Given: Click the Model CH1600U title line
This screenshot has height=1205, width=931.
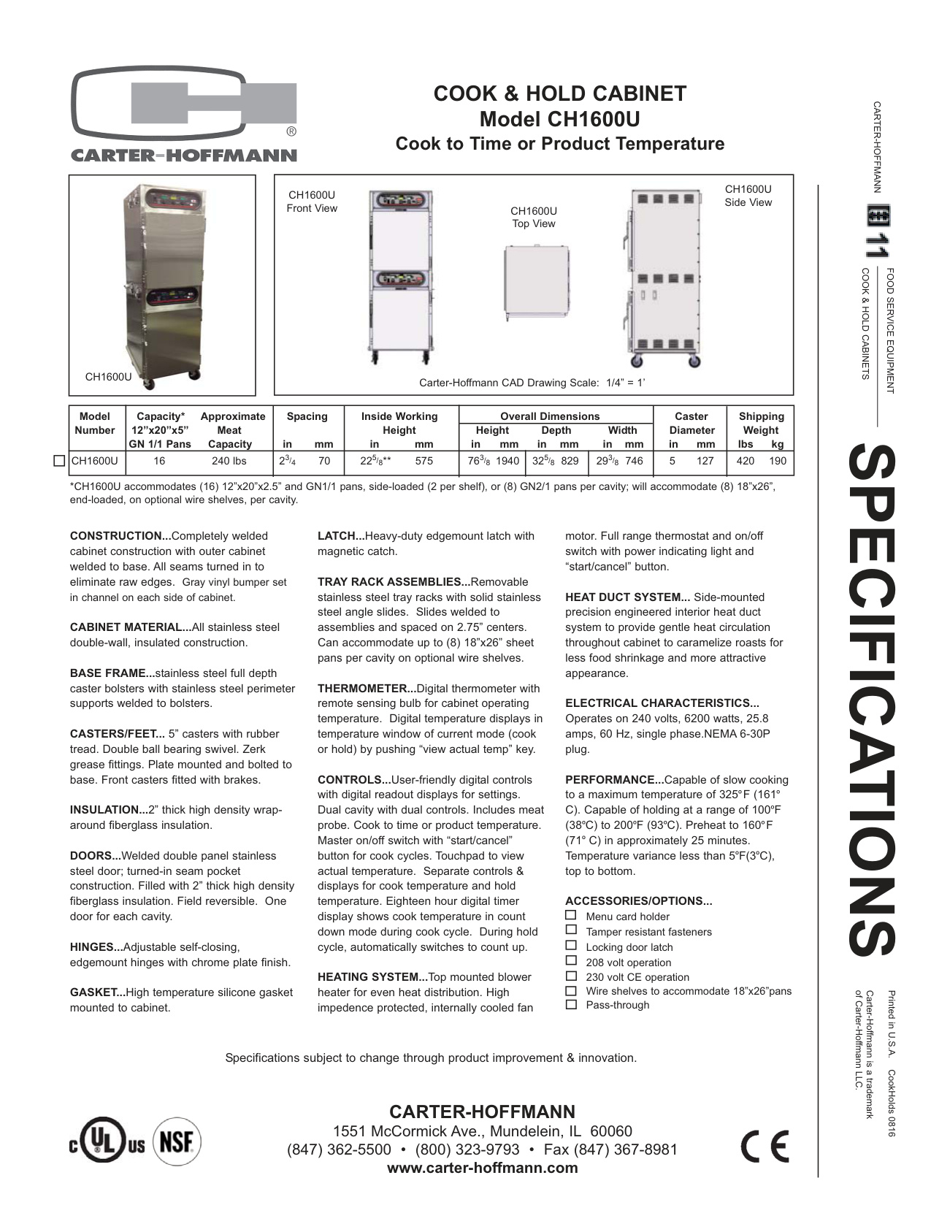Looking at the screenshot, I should coord(559,119).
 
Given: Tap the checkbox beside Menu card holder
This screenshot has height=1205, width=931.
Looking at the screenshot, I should coord(571,916).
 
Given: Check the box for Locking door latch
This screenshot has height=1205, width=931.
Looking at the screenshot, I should coord(571,946).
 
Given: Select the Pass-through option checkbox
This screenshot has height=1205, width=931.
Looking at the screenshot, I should coord(571,1005).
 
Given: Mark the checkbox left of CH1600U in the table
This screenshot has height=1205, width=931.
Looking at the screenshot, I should coord(60,461).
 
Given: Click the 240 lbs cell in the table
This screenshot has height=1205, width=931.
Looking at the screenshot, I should coord(229,462).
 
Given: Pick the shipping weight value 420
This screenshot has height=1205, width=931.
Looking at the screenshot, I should coord(745,462).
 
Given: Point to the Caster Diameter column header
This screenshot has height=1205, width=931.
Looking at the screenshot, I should coord(691,424).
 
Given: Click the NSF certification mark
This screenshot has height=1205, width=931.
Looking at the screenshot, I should coord(176,1141).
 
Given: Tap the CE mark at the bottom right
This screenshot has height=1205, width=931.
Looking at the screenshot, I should coord(765,1146).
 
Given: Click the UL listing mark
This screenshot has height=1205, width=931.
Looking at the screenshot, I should coord(107,1141).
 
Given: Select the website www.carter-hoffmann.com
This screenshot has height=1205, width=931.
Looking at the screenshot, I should coord(482,1168).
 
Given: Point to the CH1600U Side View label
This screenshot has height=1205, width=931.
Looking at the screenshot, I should coord(748,196).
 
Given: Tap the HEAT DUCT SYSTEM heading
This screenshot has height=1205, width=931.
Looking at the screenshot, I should coord(627,597).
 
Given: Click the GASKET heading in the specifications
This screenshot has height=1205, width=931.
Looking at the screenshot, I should coord(96,992).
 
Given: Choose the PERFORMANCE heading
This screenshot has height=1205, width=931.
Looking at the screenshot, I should coord(613,780).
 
